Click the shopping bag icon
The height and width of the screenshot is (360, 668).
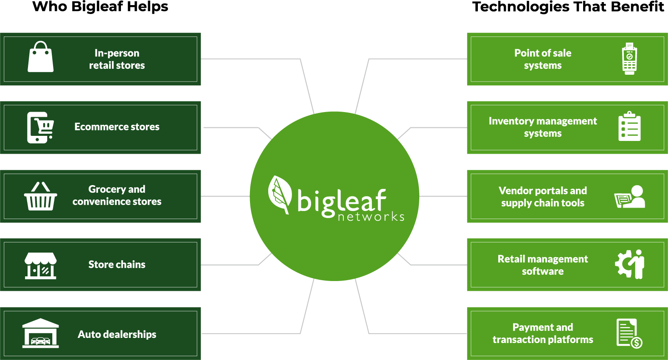(41, 56)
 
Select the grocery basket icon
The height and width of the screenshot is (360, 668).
(41, 196)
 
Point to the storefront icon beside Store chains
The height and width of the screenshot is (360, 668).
(41, 266)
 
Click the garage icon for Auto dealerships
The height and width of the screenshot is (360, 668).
(41, 333)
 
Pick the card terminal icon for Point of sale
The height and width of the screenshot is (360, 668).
(629, 59)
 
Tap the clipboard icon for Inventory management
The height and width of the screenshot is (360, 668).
(629, 126)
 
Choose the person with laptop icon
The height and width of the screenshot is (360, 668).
(630, 197)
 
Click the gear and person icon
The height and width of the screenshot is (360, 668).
(629, 264)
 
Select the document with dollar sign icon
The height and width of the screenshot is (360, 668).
(629, 333)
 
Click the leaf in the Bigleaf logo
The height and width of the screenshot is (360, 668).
(279, 194)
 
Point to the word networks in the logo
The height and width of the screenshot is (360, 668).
(371, 217)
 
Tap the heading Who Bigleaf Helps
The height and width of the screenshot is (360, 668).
(100, 7)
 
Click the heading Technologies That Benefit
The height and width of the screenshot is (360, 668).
(568, 7)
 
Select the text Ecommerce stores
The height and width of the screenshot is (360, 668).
(117, 127)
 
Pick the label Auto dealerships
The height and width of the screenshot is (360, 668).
(117, 335)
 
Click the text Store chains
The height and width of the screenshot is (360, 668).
(117, 264)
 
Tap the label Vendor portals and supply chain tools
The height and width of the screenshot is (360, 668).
(543, 197)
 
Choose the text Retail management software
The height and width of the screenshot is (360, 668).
(543, 265)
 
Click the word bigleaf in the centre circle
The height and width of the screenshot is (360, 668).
(342, 201)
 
